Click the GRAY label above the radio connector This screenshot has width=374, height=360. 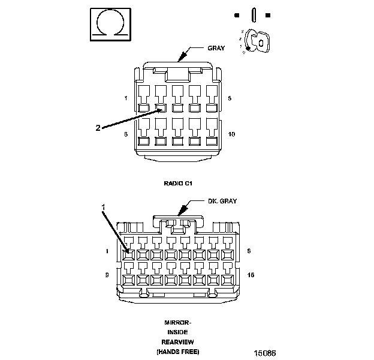(x=216, y=48)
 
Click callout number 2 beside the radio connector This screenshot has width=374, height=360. (x=98, y=127)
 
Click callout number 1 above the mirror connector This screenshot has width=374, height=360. (x=103, y=207)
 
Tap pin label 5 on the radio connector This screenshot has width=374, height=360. (x=230, y=97)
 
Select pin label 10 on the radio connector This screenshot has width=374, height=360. (x=232, y=134)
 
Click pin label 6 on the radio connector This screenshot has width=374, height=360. (x=126, y=134)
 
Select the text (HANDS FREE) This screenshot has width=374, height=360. (x=177, y=350)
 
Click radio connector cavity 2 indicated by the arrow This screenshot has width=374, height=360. (x=161, y=109)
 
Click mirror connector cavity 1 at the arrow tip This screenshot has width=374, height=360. (x=128, y=254)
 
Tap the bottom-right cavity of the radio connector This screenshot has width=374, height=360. (x=212, y=142)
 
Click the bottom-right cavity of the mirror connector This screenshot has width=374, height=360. (x=227, y=280)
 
